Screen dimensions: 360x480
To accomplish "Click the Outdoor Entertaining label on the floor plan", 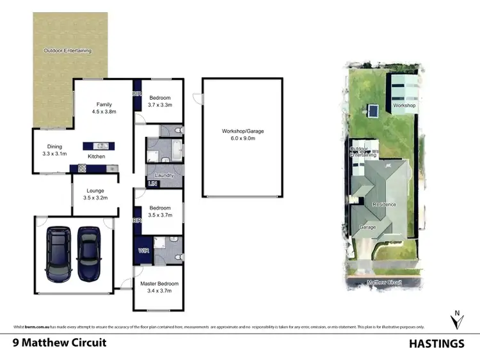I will tap(67, 51).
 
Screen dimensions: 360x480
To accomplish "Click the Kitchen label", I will tap(97, 156).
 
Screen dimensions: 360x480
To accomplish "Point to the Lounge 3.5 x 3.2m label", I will tap(95, 194).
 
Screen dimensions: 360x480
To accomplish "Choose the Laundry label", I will tap(164, 175).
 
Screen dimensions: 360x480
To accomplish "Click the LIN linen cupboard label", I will tap(152, 184).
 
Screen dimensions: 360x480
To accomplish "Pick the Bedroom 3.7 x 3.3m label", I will tap(160, 101).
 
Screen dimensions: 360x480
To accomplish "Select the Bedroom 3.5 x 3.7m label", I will tap(160, 212).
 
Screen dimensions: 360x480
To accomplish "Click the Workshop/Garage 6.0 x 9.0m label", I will tap(243, 135).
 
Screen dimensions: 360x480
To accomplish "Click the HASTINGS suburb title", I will tap(436, 343).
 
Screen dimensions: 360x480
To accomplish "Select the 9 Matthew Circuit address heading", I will tap(60, 343).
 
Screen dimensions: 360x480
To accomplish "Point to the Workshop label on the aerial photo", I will tap(404, 105).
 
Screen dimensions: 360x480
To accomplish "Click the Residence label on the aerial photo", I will tap(385, 205).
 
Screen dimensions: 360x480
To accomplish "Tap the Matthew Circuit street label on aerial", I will tap(384, 281).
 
